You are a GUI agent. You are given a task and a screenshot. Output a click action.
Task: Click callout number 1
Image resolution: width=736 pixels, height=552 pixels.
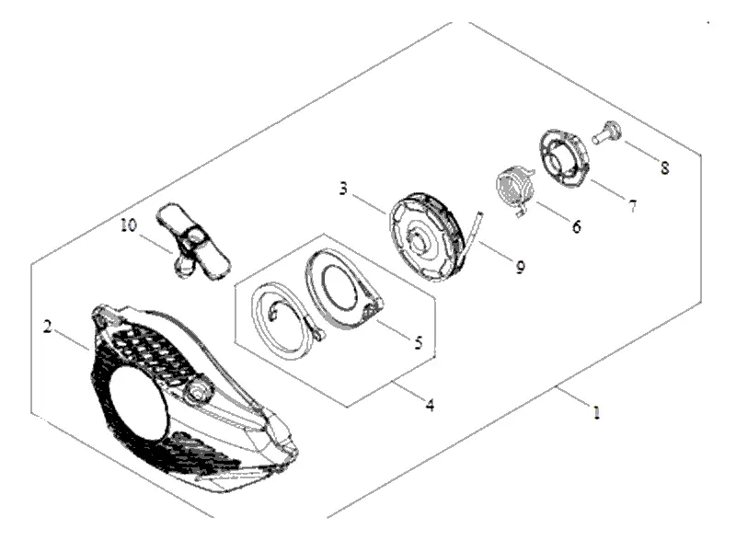point(596,414)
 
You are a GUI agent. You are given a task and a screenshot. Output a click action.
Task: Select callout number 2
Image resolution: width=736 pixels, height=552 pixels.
point(46,326)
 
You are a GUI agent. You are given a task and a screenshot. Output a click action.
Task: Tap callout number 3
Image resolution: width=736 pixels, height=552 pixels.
point(342,190)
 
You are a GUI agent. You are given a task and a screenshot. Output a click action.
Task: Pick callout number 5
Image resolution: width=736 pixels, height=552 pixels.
point(418,343)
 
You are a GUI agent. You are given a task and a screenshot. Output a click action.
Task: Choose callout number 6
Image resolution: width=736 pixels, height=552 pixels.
point(576,225)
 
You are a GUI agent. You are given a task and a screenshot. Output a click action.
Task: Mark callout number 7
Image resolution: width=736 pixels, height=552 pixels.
point(632,206)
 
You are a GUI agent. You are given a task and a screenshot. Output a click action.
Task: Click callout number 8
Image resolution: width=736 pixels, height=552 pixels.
point(664,167)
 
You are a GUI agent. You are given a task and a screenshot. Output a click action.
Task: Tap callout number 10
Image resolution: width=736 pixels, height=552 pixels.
point(126,224)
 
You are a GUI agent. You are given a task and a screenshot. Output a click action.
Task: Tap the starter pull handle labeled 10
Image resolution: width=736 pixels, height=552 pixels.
point(195,241)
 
